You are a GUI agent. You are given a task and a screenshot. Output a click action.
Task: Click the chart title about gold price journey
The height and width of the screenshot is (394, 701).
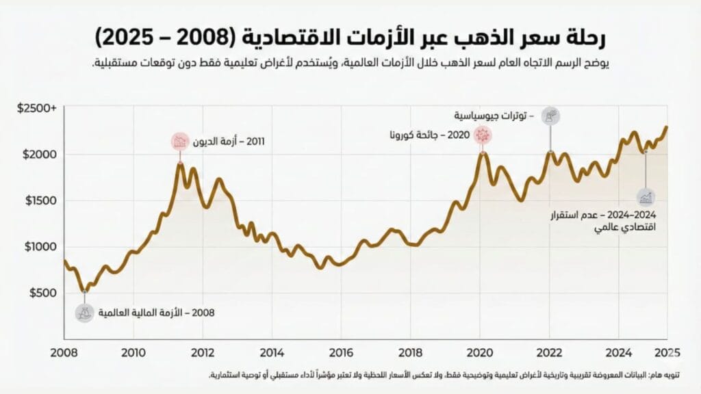tap(350, 36)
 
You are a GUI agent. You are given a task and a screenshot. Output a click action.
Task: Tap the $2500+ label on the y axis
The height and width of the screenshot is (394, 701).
tap(38, 108)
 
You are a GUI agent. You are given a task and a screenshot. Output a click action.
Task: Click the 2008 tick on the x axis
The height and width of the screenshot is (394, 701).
tap(64, 353)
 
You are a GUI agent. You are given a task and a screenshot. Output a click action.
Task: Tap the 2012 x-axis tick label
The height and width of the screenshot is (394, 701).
tap(203, 353)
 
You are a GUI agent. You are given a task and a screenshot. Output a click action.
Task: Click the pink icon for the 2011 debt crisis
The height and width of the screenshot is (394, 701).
tap(180, 142)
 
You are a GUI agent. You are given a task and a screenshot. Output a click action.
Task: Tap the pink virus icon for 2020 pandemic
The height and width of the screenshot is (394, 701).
tap(483, 135)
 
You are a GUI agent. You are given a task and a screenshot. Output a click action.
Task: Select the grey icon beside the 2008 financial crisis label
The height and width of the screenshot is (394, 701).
tap(85, 313)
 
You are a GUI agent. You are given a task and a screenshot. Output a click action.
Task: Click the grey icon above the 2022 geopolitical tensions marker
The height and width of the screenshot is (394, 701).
tap(550, 116)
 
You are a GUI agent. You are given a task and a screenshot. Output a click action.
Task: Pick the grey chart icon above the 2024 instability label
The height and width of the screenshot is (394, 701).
tap(646, 198)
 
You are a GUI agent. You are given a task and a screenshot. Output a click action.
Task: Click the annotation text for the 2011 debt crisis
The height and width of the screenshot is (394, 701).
tap(229, 142)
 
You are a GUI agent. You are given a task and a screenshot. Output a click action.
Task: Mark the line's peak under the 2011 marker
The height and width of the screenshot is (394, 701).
tap(180, 163)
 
